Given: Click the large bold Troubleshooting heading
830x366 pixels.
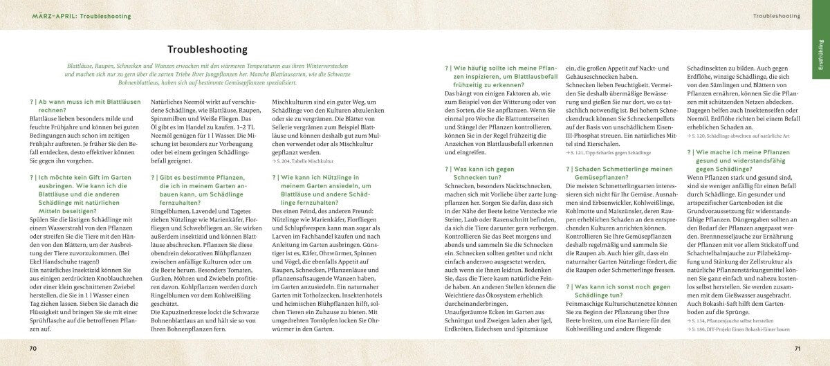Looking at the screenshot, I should (x=208, y=50).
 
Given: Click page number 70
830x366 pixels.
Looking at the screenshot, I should (x=33, y=347).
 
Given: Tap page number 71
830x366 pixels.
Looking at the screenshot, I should (x=797, y=347).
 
